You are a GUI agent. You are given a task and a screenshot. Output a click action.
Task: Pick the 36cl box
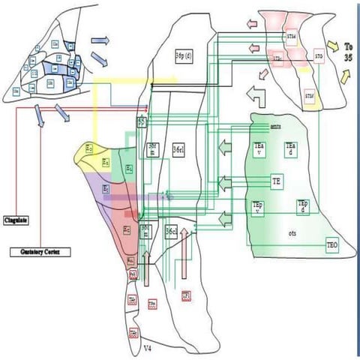(172, 232)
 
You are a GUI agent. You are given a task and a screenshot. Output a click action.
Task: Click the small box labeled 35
(142, 120)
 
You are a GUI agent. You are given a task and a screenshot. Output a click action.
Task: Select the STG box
(318, 54)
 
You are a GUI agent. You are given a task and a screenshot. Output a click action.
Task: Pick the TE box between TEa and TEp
(277, 180)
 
